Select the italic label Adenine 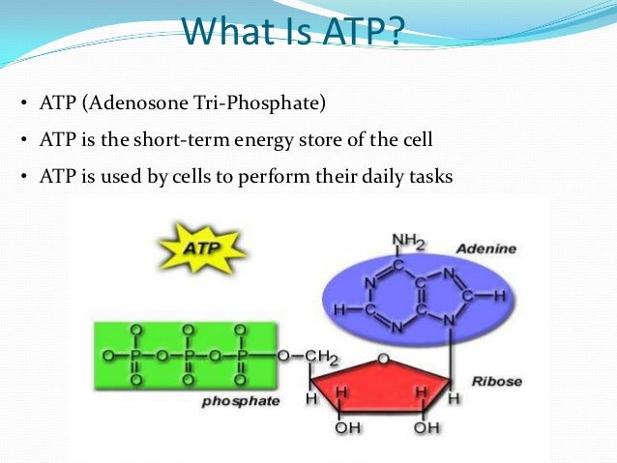[x=485, y=248]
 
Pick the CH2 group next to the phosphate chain [x=320, y=359]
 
